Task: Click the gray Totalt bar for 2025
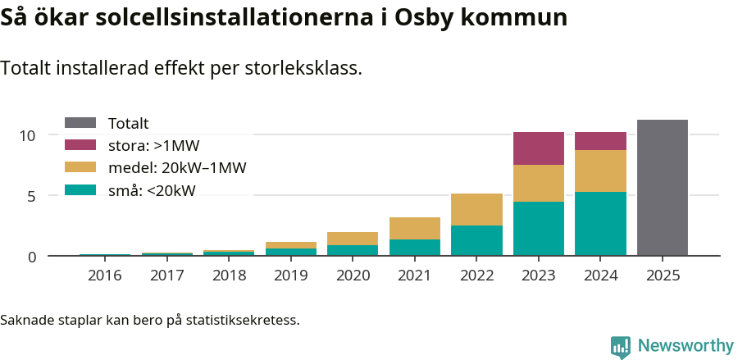662,188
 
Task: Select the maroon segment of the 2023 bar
539,148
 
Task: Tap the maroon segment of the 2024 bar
600,141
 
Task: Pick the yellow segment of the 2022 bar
476,209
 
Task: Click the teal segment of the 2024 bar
600,223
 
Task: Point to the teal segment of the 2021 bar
415,247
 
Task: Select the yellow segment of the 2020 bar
353,239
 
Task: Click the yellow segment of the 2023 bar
539,183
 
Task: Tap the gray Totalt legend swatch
80,123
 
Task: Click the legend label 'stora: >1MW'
153,146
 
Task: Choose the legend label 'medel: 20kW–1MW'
177,168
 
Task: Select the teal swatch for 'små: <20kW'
80,190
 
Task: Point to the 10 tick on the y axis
29,135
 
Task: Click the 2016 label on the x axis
104,276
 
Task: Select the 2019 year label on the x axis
290,276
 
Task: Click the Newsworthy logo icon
620,346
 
